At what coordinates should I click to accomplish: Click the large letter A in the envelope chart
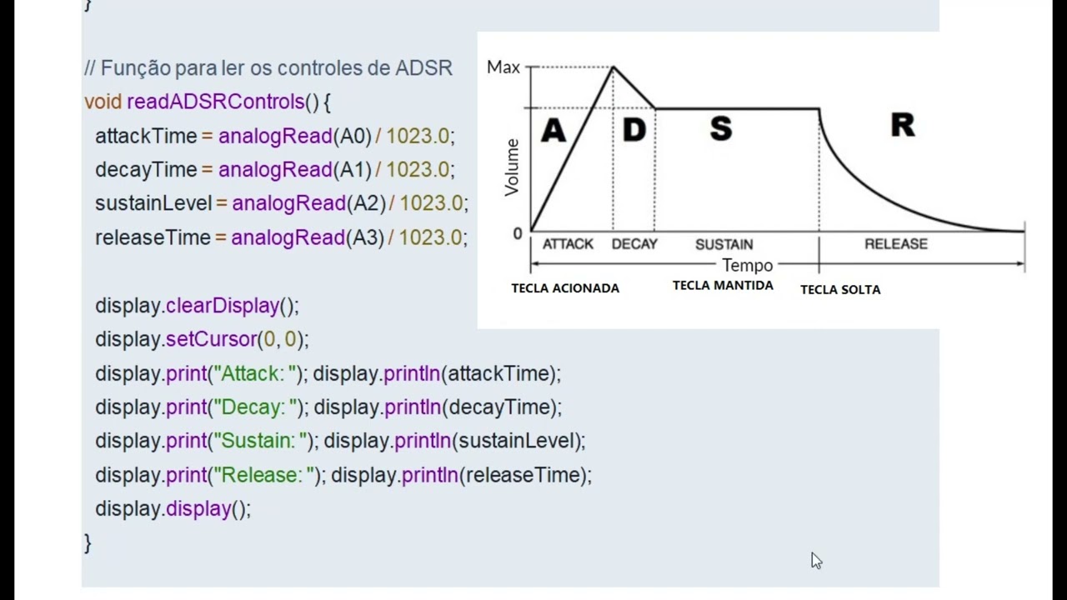point(554,130)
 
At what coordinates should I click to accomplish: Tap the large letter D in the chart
point(634,129)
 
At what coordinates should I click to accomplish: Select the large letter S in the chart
point(721,128)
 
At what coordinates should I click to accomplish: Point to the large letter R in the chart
point(903,125)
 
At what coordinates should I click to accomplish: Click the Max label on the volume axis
point(503,67)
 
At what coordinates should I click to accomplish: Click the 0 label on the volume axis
point(518,233)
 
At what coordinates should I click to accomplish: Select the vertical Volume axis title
point(512,167)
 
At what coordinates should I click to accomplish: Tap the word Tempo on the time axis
point(748,265)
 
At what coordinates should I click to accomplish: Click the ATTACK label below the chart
point(568,244)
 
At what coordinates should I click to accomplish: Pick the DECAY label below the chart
point(634,244)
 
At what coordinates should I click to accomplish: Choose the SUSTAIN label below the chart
point(724,244)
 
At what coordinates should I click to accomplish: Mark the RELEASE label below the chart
point(896,244)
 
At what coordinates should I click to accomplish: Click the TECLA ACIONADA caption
point(565,288)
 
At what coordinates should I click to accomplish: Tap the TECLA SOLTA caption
point(840,289)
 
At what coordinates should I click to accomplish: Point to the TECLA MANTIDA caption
point(723,285)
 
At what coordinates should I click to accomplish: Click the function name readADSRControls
point(216,102)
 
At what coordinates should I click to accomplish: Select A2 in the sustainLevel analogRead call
point(366,203)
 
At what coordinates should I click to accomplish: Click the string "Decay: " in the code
point(258,407)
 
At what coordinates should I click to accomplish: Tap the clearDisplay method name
point(223,305)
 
